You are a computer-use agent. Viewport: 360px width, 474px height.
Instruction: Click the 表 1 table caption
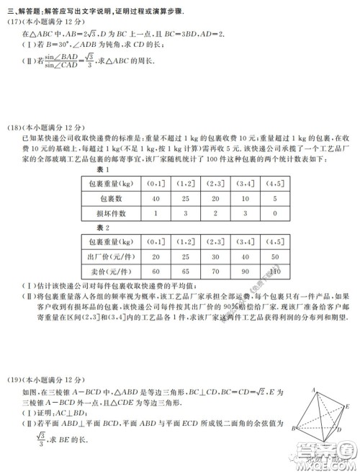click(x=102, y=169)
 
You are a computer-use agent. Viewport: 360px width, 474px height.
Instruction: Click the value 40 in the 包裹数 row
click(x=156, y=198)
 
